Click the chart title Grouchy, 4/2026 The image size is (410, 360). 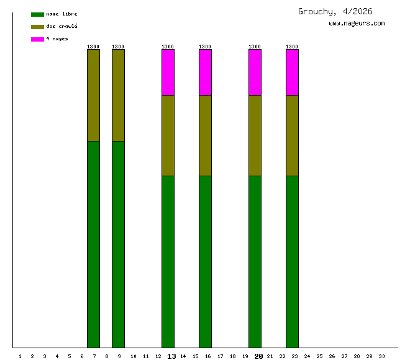[335, 11]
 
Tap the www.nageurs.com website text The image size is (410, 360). [357, 24]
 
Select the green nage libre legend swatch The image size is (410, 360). [37, 14]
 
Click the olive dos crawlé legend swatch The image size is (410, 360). [37, 27]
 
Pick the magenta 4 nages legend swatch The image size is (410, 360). [37, 39]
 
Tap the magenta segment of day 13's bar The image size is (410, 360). [168, 72]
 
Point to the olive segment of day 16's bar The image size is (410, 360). [205, 135]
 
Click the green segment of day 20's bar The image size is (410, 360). [255, 261]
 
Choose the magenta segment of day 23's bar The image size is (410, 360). [292, 72]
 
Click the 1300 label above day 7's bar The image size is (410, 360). [93, 47]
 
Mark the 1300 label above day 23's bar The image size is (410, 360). [292, 47]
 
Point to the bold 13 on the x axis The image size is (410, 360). [171, 356]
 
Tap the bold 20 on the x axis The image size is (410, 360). [258, 356]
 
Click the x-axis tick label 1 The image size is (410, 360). [20, 356]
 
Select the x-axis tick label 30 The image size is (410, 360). [381, 356]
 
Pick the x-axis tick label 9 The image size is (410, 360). [119, 356]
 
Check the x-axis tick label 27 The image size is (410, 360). [344, 356]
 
